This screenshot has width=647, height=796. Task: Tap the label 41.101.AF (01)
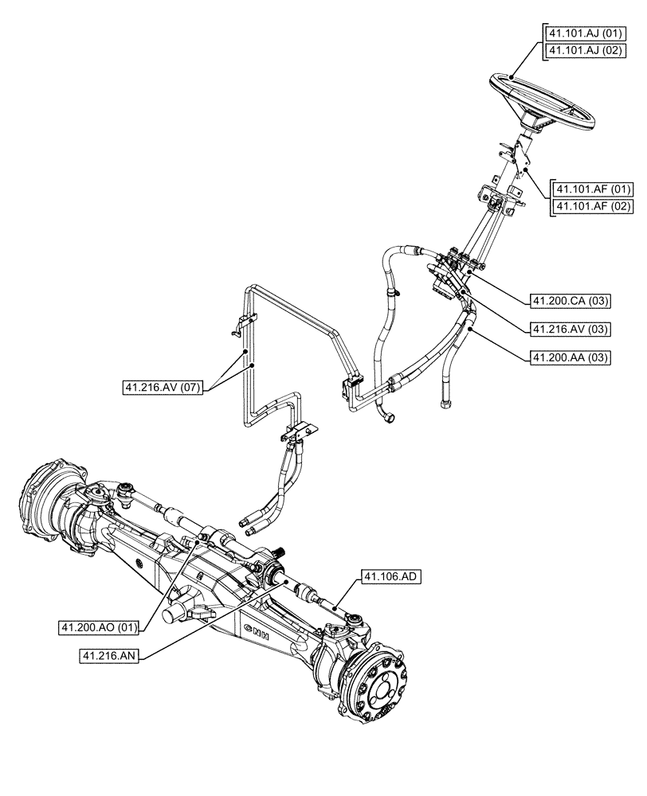592,189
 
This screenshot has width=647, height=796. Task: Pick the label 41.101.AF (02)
592,206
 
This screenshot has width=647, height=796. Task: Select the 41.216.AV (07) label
163,388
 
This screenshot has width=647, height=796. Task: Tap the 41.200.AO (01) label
99,627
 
